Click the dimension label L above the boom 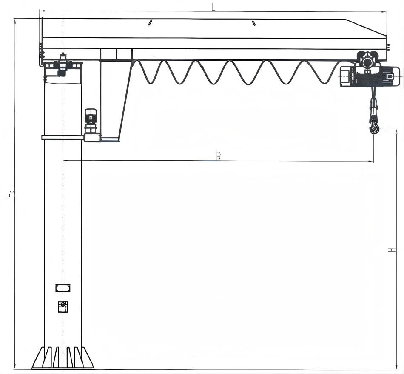point(213,7)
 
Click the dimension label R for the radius point(219,156)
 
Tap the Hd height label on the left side point(11,194)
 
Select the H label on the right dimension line point(392,250)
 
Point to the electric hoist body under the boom point(369,76)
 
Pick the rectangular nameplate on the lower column point(63,288)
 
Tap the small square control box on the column point(63,307)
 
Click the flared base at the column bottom point(63,358)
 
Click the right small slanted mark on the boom point(254,23)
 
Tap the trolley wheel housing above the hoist point(367,59)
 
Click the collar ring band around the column point(63,138)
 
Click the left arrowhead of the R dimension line point(65,161)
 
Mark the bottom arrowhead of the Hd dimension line point(15,366)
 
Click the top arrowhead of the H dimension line point(396,132)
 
